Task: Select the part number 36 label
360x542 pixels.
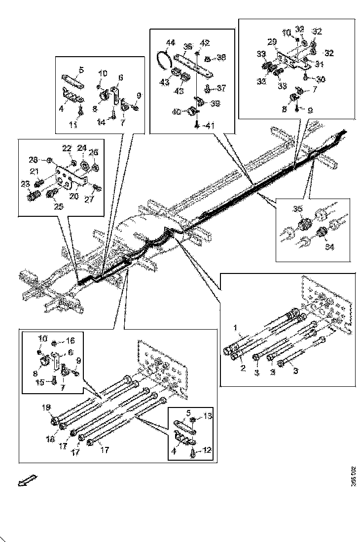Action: point(187,46)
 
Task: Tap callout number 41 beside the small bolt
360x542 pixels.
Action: point(211,126)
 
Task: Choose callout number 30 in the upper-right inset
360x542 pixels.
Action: point(321,79)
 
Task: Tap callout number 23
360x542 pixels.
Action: point(26,184)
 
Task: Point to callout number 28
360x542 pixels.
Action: point(33,160)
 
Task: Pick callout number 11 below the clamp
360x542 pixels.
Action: point(73,125)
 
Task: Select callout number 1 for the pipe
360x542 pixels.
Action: point(235,327)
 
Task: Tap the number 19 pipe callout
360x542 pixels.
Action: point(46,407)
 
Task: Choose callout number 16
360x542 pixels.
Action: point(71,340)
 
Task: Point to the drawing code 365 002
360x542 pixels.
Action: point(353,476)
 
